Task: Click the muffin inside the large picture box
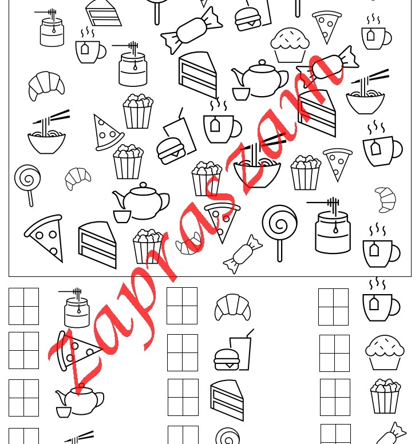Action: click(290, 45)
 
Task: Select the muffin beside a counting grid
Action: click(385, 352)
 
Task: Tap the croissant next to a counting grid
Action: click(232, 307)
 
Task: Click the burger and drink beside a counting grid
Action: click(234, 350)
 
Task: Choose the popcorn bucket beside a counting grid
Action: click(385, 396)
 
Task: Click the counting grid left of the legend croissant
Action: click(182, 306)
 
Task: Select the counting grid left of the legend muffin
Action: click(335, 353)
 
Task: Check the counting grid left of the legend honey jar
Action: click(24, 306)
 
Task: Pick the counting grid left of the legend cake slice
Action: click(183, 397)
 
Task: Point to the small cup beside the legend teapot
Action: click(64, 412)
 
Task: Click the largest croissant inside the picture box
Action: click(46, 86)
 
